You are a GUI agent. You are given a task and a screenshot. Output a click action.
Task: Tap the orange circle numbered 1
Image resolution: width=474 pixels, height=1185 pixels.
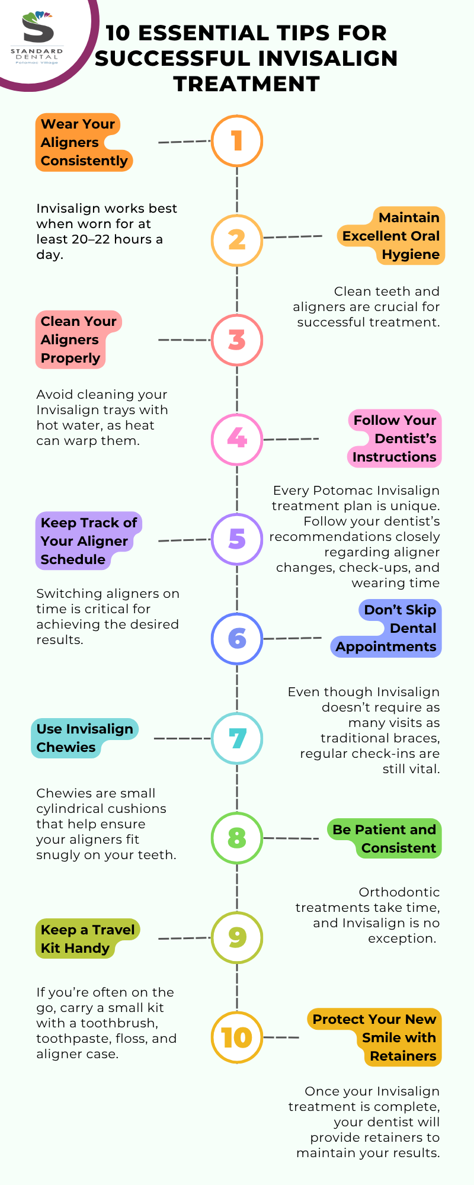[x=237, y=141]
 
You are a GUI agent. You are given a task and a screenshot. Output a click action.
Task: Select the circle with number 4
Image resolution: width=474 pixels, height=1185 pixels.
[x=237, y=439]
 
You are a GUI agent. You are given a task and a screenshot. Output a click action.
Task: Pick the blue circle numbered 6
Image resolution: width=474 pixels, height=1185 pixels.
[x=237, y=638]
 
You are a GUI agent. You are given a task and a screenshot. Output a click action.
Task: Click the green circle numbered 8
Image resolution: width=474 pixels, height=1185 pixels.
[x=237, y=838]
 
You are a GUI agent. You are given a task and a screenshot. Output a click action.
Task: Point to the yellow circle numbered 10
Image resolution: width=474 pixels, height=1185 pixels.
[x=237, y=1037]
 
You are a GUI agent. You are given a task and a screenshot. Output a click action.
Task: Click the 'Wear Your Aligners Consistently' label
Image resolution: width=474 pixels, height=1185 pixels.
[x=84, y=142]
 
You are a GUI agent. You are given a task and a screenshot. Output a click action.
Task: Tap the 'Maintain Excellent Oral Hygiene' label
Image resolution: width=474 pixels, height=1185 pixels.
[x=391, y=236]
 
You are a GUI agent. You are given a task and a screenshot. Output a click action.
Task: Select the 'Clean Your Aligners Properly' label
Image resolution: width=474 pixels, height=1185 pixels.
[x=78, y=340]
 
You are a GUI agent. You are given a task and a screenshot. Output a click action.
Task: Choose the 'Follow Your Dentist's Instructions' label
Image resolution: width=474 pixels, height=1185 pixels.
[x=395, y=438]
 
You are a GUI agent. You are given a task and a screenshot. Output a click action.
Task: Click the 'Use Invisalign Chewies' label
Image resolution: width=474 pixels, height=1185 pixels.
[x=84, y=738]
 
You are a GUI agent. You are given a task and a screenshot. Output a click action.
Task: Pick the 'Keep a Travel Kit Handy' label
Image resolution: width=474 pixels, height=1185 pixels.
[x=87, y=939]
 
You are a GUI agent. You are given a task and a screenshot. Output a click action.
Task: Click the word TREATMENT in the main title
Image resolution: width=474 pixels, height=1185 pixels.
[x=246, y=84]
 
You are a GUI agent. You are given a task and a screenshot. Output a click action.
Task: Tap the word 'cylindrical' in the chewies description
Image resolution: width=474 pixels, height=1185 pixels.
[x=101, y=809]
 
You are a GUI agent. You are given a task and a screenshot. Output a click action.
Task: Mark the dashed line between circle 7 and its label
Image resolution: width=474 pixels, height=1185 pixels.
[x=182, y=738]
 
